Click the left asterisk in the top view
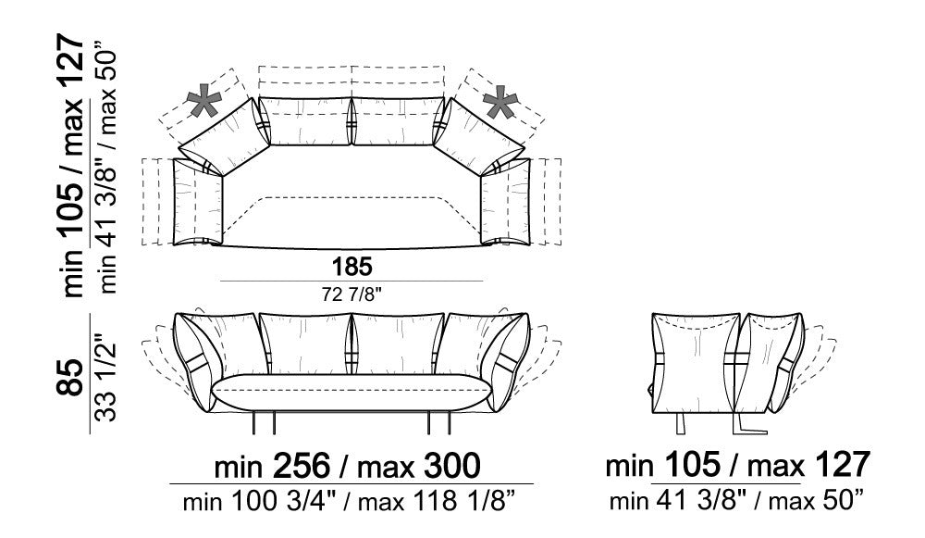click(x=204, y=103)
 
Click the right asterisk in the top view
click(x=500, y=103)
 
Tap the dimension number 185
click(x=352, y=267)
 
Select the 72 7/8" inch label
click(x=352, y=294)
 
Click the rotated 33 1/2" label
click(x=106, y=373)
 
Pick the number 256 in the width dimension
click(x=301, y=466)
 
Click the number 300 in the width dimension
click(x=451, y=466)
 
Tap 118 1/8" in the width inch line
click(x=465, y=502)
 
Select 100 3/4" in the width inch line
click(x=282, y=502)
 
